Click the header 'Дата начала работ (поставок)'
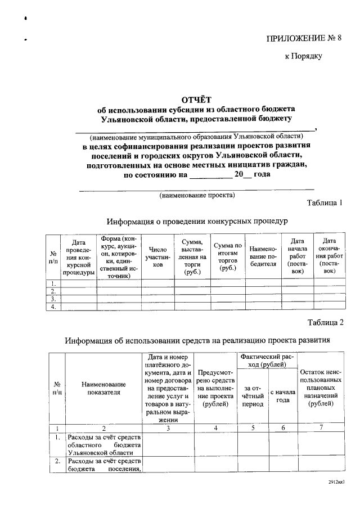tap(298, 256)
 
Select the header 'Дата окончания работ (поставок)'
tap(329, 256)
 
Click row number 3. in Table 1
tap(53, 299)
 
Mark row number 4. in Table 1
tap(53, 307)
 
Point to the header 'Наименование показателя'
tap(103, 388)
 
